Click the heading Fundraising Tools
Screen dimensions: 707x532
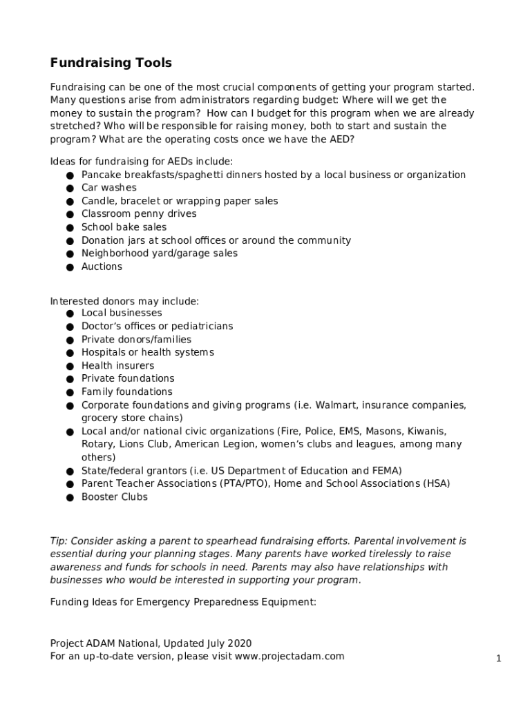pyautogui.click(x=111, y=64)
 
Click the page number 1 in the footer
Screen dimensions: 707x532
pyautogui.click(x=498, y=659)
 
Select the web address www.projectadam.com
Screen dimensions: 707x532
pyautogui.click(x=289, y=656)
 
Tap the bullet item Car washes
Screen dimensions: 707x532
pyautogui.click(x=109, y=188)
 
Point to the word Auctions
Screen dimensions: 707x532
pyautogui.click(x=102, y=267)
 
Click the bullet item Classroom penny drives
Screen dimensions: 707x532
pyautogui.click(x=139, y=214)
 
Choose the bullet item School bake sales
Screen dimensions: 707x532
pyautogui.click(x=124, y=227)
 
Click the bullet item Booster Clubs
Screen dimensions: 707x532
pyautogui.click(x=114, y=497)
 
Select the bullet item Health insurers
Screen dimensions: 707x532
pyautogui.click(x=117, y=366)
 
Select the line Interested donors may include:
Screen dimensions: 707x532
pyautogui.click(x=124, y=302)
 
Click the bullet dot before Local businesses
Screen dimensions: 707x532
pyautogui.click(x=70, y=314)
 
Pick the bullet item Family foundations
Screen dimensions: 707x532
pyautogui.click(x=127, y=392)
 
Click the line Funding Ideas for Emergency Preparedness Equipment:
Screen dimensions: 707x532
pyautogui.click(x=182, y=602)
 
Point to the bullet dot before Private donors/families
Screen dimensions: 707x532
pyautogui.click(x=70, y=340)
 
